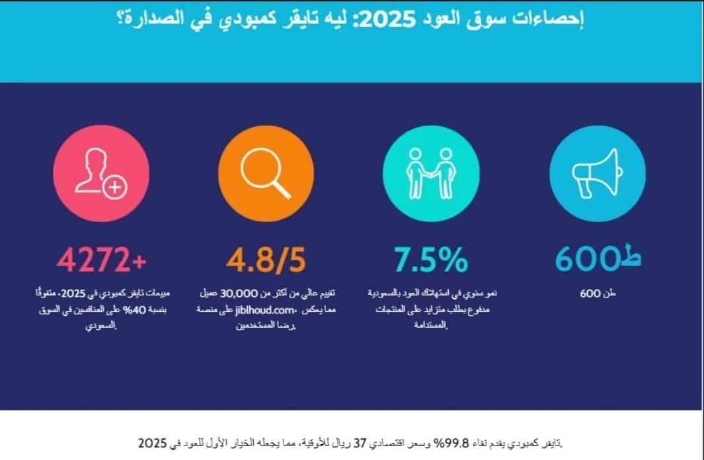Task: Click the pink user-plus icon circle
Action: [101, 173]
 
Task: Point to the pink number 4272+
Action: [100, 260]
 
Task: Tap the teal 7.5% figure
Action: [431, 260]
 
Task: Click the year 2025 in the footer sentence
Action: [151, 441]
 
